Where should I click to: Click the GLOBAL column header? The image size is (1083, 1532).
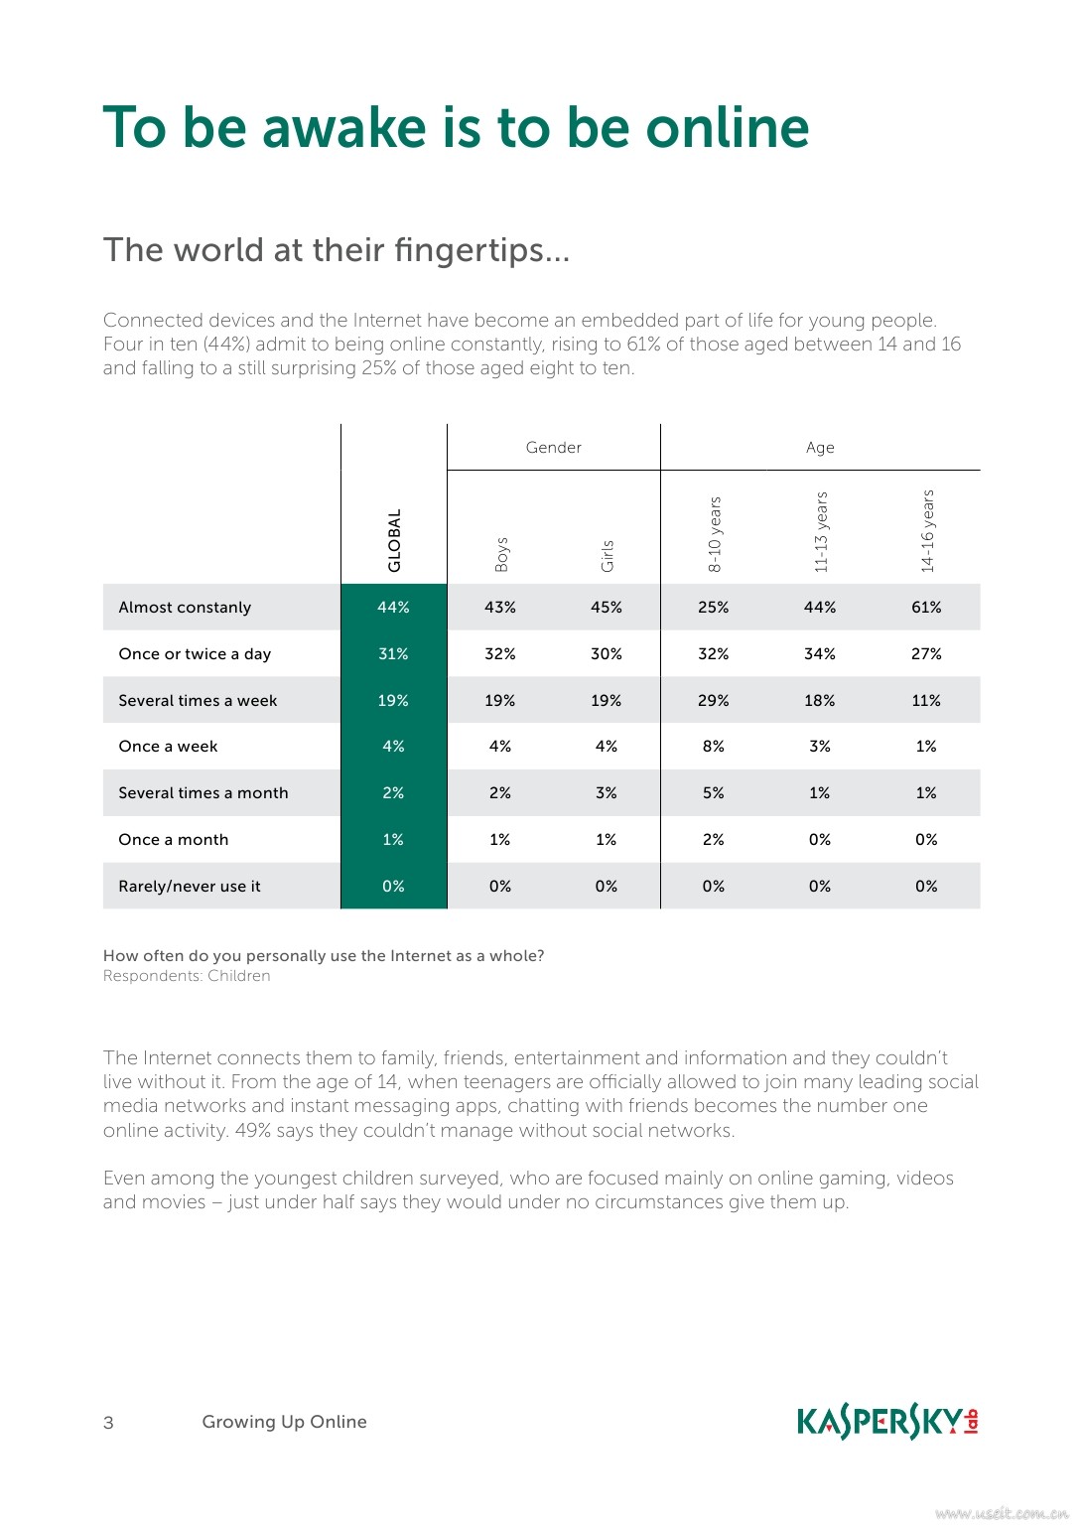[394, 541]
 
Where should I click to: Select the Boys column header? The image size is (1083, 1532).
[501, 554]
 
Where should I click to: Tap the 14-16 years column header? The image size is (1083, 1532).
[927, 531]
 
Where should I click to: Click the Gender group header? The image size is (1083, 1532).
[553, 448]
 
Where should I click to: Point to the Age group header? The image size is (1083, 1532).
[820, 448]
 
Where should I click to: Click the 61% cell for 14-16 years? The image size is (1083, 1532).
[926, 608]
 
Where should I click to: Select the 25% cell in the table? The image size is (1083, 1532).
[713, 608]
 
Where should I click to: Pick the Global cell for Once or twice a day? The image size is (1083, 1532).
[393, 654]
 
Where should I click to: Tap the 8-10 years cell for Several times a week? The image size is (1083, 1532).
[713, 701]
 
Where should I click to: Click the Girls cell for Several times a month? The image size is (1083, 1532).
[607, 793]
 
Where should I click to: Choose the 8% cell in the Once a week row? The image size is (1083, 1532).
[713, 747]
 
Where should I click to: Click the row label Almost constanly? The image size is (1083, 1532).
[185, 608]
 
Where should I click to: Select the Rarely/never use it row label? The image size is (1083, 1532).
[190, 887]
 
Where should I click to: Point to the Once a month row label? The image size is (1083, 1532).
[174, 840]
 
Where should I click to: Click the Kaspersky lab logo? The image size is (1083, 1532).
[887, 1422]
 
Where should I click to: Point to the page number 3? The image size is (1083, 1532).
[108, 1423]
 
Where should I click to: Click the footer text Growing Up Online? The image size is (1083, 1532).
[284, 1422]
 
